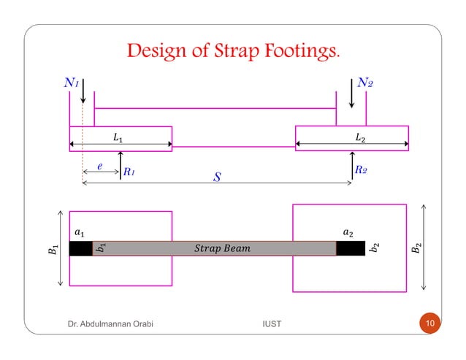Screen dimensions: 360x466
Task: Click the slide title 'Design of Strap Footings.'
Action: pyautogui.click(x=233, y=53)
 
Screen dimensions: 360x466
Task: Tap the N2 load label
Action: pyautogui.click(x=366, y=83)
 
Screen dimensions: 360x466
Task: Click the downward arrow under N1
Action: pyautogui.click(x=84, y=92)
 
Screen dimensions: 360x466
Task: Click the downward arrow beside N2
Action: pyautogui.click(x=352, y=93)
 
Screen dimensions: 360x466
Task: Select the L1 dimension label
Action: pyautogui.click(x=118, y=137)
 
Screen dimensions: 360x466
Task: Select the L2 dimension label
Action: pyautogui.click(x=359, y=137)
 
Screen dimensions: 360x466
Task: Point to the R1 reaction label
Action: pyautogui.click(x=129, y=172)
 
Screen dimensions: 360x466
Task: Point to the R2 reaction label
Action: pyautogui.click(x=361, y=170)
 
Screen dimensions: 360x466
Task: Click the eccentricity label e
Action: pyautogui.click(x=100, y=166)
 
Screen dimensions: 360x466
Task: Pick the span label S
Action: pyautogui.click(x=216, y=177)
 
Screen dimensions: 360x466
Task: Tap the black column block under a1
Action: pyautogui.click(x=80, y=248)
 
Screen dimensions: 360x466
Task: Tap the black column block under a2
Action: pyautogui.click(x=351, y=248)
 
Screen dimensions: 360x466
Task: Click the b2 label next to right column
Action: pyautogui.click(x=374, y=248)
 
